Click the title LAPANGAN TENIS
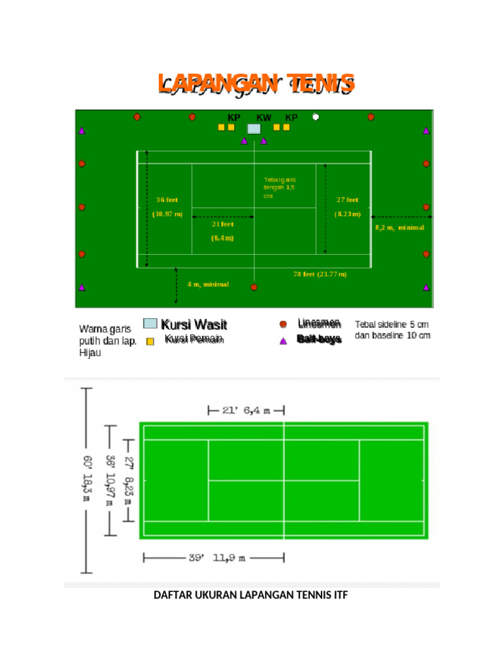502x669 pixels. [x=256, y=84]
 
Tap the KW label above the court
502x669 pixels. [x=263, y=118]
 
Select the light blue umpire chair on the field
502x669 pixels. [x=254, y=129]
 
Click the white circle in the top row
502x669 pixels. [x=316, y=117]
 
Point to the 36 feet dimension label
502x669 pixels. [x=167, y=200]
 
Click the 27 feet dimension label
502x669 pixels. [x=347, y=200]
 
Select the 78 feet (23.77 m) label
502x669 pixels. [x=320, y=274]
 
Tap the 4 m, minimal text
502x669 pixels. [x=208, y=284]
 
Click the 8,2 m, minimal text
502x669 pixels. [x=399, y=228]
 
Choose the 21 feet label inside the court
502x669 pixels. [x=222, y=224]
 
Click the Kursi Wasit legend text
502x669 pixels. [x=194, y=325]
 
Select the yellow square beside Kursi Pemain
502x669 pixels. [x=150, y=341]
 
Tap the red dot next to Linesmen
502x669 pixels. [x=283, y=324]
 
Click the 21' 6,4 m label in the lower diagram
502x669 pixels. [x=246, y=410]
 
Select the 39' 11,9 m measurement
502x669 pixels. [x=216, y=559]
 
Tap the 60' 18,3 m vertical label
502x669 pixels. [x=87, y=480]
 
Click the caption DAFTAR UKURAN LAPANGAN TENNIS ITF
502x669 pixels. [x=251, y=595]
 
